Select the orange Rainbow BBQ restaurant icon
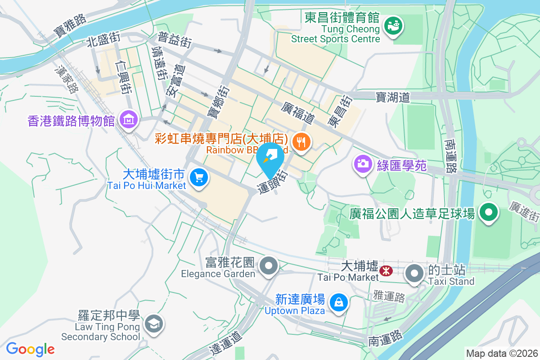pyautogui.click(x=301, y=143)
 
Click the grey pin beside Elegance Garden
pyautogui.click(x=269, y=265)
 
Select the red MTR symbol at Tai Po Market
pyautogui.click(x=386, y=271)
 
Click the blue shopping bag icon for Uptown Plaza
pyautogui.click(x=338, y=302)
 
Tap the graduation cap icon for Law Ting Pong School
pyautogui.click(x=153, y=323)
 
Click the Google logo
pyautogui.click(x=30, y=349)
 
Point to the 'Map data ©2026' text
pyautogui.click(x=501, y=353)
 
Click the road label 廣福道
pyautogui.click(x=297, y=113)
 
